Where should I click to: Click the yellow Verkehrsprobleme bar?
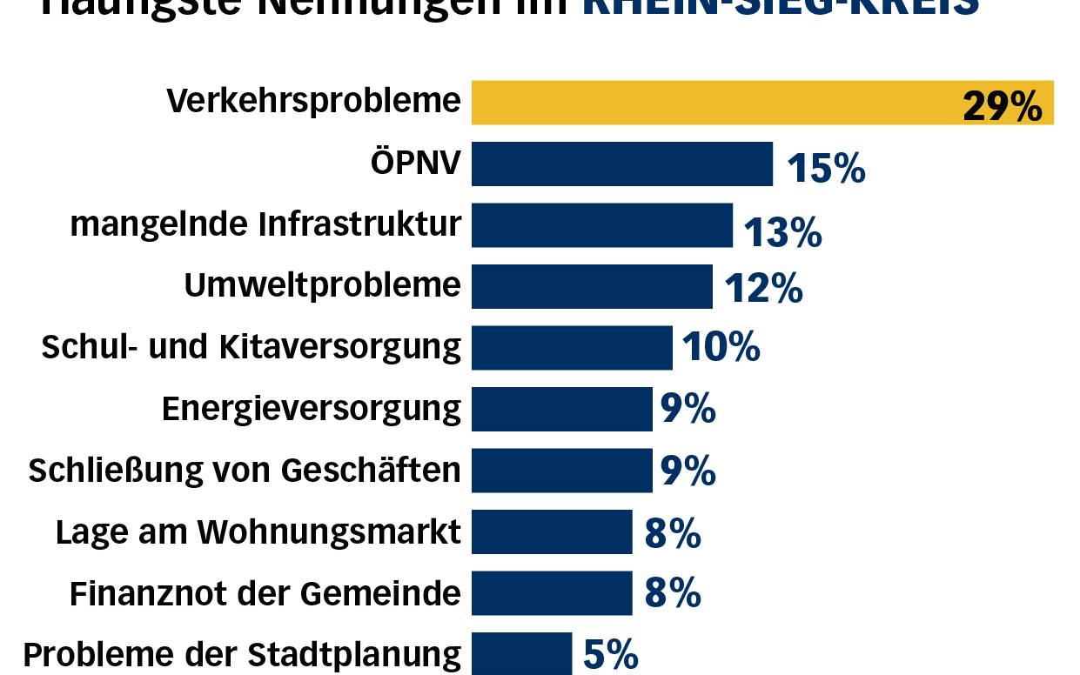[x=714, y=103]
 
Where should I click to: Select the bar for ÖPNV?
[x=622, y=164]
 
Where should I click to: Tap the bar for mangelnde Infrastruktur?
[x=602, y=225]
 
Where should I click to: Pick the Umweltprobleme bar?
[x=592, y=286]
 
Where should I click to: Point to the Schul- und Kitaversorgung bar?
[x=572, y=348]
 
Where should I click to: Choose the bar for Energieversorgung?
[x=562, y=409]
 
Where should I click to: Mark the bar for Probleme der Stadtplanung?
[x=522, y=654]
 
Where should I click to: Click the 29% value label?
[x=1002, y=107]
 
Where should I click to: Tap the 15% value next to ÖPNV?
[x=826, y=168]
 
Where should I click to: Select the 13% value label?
[x=782, y=232]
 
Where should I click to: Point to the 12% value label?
[x=762, y=288]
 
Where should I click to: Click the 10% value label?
[x=721, y=347]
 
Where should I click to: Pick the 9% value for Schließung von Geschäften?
[x=688, y=471]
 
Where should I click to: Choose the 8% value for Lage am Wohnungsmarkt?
[x=673, y=533]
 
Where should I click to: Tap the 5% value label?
[x=611, y=655]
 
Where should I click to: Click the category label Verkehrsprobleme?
[x=313, y=102]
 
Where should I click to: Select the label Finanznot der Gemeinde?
[x=265, y=593]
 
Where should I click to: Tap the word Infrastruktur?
[x=360, y=224]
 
